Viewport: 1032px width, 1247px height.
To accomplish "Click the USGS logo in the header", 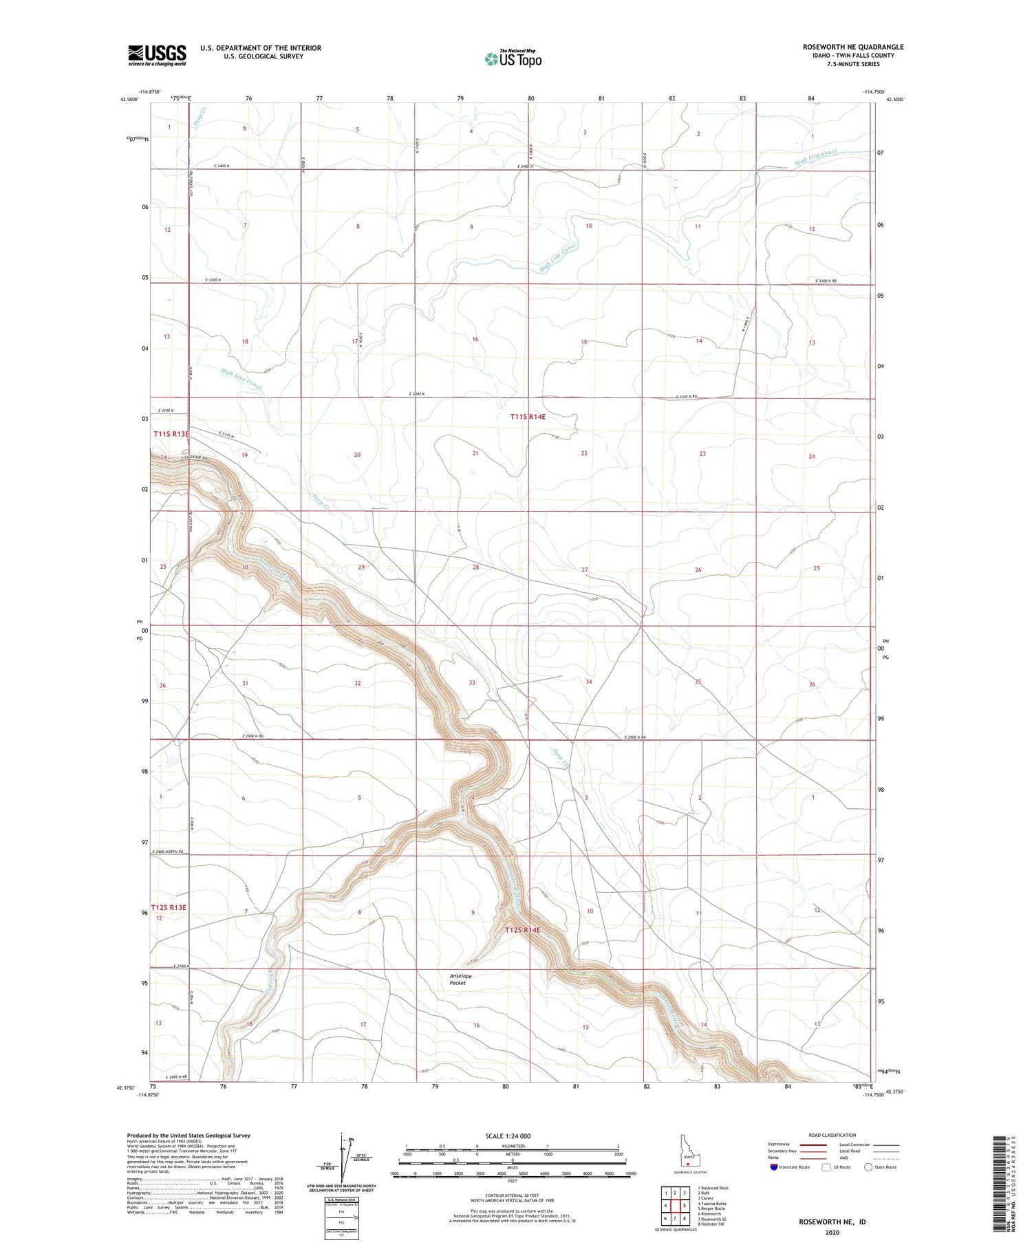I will point(157,55).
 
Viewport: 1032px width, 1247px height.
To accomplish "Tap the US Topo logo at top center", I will point(513,59).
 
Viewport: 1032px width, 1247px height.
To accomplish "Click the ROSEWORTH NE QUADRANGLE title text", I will point(853,47).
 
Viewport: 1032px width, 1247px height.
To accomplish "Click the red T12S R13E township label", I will point(169,907).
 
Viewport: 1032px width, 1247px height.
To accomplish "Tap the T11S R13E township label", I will point(171,434).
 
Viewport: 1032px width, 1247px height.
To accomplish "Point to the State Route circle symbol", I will point(868,1167).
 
